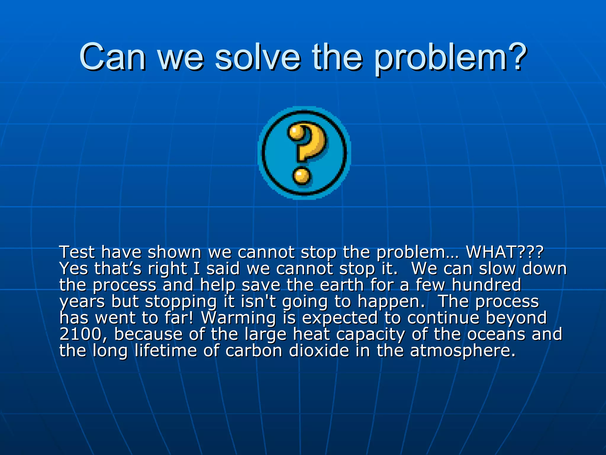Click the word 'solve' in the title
tap(257, 57)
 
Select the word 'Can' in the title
tap(112, 57)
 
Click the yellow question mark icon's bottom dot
tap(302, 176)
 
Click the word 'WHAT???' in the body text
tap(505, 252)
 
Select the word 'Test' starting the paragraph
tap(77, 252)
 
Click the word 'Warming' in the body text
tap(238, 318)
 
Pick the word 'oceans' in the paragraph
tap(496, 334)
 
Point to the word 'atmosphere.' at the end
tap(463, 351)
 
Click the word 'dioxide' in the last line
tap(319, 350)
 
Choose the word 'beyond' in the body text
tap(516, 318)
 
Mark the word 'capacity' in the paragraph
tap(370, 335)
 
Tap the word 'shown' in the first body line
tap(174, 252)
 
